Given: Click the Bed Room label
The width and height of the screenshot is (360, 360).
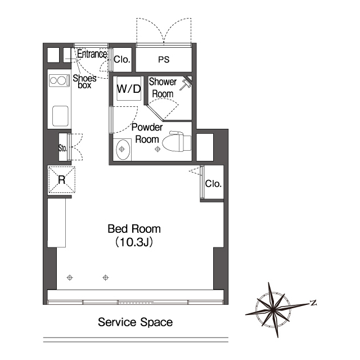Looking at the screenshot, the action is (134, 229).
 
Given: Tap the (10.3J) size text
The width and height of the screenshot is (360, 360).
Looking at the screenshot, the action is (134, 242).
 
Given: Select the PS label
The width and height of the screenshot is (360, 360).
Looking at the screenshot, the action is (164, 60).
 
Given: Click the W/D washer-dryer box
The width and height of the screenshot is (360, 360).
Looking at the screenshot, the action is (129, 88).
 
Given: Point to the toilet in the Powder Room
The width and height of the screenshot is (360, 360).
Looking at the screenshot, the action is (177, 141).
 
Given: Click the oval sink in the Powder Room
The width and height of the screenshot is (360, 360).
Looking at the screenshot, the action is (123, 150).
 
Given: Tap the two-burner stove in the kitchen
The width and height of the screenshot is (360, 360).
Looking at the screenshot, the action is (60, 80).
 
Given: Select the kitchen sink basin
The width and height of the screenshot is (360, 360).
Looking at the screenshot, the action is (60, 116).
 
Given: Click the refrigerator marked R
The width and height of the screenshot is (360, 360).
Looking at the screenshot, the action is (61, 179).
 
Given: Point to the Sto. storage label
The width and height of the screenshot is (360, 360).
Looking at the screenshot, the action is (62, 148).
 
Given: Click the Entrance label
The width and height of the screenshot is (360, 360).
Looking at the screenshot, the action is (92, 54).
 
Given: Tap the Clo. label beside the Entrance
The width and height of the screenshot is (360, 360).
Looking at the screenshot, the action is (122, 60).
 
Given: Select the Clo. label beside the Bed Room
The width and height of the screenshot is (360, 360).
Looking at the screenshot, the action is (213, 184).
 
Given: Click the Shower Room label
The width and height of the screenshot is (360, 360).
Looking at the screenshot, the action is (163, 88).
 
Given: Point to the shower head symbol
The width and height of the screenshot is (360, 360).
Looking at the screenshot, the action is (185, 85).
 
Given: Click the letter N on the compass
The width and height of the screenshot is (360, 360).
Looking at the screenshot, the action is (313, 303).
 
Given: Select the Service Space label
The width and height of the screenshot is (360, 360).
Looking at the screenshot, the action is (135, 322).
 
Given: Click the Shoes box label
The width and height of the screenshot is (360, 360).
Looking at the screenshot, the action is (84, 82).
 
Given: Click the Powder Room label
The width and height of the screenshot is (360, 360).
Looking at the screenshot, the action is (147, 133).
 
